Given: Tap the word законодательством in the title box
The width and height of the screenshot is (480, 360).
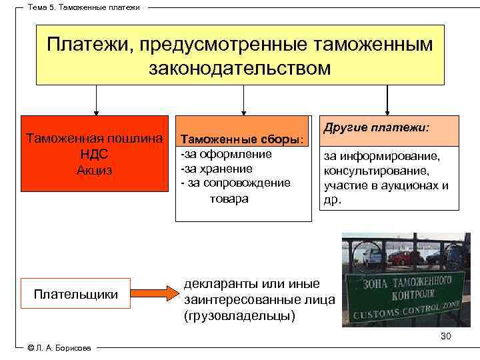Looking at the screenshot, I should point(240,68).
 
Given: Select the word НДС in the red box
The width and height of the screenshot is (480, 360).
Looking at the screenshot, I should point(93,154).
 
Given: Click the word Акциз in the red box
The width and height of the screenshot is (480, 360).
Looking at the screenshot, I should point(93,170).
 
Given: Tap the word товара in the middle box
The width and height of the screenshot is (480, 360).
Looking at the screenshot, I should point(225,199).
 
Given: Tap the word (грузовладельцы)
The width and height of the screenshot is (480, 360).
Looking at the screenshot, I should point(239,315).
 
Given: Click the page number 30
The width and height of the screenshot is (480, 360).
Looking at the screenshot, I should point(445,336).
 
